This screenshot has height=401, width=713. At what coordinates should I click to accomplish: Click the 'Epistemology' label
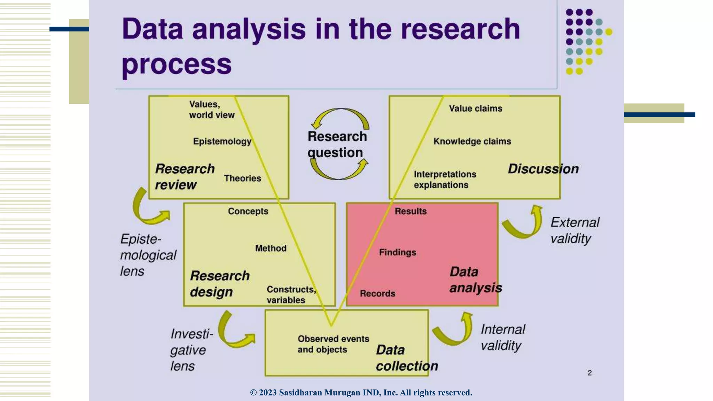click(222, 141)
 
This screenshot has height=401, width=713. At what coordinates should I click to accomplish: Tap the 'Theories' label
click(242, 178)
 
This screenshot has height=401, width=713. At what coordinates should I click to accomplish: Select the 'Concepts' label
click(248, 211)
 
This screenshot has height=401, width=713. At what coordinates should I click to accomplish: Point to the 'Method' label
click(271, 248)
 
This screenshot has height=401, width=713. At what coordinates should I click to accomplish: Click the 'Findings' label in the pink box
click(397, 252)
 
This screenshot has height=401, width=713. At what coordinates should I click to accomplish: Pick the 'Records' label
click(377, 293)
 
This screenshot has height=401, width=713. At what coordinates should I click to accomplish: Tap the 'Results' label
click(410, 211)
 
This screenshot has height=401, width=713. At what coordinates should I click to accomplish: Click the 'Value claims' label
click(475, 109)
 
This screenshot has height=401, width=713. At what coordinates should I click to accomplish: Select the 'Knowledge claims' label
click(472, 141)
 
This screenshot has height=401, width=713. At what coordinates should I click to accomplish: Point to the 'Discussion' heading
click(543, 169)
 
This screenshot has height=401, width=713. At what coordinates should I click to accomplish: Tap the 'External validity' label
click(574, 230)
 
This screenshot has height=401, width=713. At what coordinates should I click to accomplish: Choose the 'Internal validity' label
click(503, 337)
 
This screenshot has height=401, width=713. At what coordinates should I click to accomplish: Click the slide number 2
click(589, 373)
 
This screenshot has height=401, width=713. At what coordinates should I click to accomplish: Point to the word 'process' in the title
click(177, 64)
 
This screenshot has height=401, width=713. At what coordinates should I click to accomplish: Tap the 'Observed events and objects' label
click(333, 344)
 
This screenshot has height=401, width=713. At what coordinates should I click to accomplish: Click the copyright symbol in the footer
click(253, 393)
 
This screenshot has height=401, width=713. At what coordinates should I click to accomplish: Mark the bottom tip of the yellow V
click(331, 325)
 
